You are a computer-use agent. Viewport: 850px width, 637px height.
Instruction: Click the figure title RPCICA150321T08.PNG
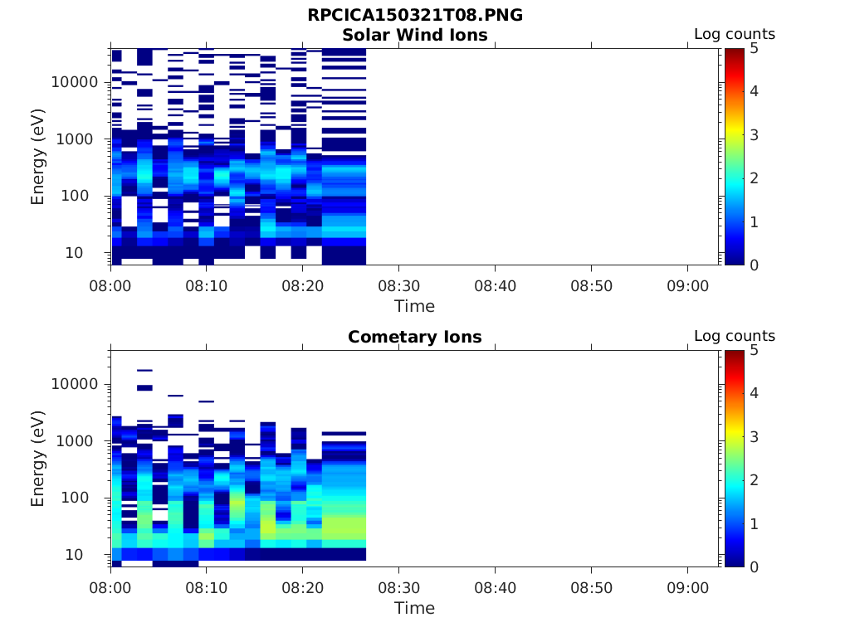tap(415, 16)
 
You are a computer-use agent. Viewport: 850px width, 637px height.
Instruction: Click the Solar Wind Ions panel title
tap(415, 35)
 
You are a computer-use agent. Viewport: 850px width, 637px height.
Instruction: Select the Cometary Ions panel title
tap(415, 337)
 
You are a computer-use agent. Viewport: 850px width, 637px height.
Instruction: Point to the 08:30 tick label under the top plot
tap(398, 285)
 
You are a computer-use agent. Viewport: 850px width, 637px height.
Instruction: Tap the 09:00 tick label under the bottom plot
tap(687, 587)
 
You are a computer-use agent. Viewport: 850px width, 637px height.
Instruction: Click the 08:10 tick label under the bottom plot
tap(207, 587)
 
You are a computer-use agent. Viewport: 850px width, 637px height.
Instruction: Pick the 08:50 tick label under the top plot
tap(591, 285)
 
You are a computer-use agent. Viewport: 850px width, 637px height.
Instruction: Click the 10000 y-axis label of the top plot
tap(76, 82)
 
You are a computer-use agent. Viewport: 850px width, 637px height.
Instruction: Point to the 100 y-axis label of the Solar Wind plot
tap(85, 196)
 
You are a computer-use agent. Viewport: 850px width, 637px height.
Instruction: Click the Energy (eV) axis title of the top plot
tap(38, 156)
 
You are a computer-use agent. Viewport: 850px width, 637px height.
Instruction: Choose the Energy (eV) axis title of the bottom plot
tap(38, 458)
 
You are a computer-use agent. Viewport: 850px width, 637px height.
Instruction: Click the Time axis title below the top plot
tap(414, 306)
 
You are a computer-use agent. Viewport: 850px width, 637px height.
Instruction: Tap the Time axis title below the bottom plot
tap(414, 608)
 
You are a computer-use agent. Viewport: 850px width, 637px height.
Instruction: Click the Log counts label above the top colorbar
tap(735, 35)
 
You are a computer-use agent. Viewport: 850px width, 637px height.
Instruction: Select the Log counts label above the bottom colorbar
tap(735, 337)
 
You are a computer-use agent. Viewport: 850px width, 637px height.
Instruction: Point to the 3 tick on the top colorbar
tap(754, 134)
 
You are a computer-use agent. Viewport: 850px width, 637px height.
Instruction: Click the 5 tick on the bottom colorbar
tap(754, 351)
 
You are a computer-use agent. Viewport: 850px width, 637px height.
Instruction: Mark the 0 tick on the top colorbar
tap(754, 265)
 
